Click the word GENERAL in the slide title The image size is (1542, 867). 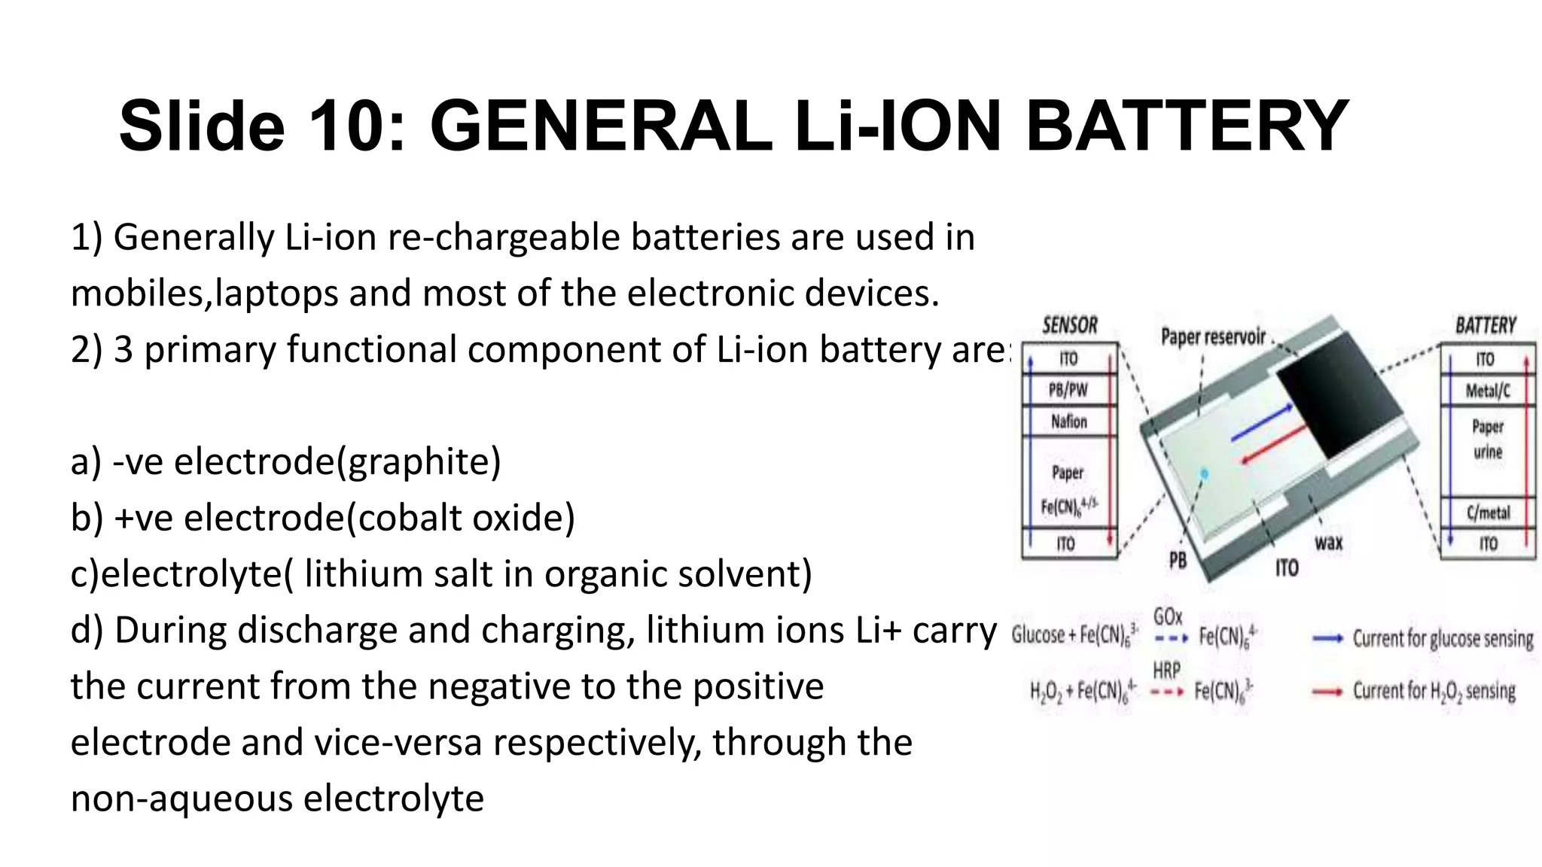600,126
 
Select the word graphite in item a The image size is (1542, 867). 418,461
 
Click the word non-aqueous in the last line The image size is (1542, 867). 181,799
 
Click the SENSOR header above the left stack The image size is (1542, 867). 1069,326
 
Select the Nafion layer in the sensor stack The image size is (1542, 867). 1069,421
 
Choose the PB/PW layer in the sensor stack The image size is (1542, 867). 1068,390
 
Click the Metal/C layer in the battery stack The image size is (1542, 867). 1488,391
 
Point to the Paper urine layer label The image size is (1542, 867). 1488,440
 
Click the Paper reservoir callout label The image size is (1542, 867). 1213,336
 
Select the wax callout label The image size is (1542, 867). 1328,543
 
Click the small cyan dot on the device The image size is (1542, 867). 1204,473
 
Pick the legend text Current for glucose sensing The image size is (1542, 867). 1443,639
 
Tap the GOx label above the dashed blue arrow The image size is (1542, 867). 1168,617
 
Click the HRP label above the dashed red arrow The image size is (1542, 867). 1166,670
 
